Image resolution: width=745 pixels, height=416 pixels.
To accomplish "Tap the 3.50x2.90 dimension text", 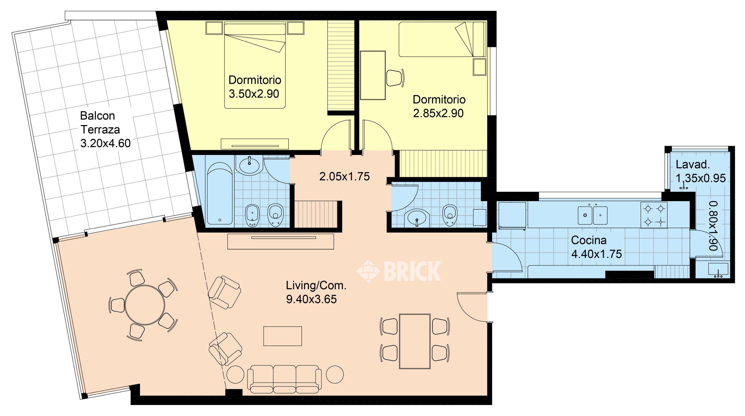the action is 254,94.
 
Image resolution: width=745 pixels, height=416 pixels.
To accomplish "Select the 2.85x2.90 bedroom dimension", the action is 438,113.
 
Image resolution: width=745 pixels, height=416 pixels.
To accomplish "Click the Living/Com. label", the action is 316,286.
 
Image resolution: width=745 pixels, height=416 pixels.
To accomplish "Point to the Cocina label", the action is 589,240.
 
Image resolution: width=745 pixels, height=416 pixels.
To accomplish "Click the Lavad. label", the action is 693,164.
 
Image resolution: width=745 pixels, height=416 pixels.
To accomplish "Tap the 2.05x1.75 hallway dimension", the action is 344,177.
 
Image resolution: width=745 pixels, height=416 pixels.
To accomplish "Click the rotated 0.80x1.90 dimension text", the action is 713,226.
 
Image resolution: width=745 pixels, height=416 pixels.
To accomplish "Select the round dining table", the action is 145,305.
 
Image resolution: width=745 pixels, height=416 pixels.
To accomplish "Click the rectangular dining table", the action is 415,341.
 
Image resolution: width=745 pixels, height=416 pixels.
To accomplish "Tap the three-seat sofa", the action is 284,379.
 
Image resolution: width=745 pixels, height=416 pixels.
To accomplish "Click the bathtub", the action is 220,193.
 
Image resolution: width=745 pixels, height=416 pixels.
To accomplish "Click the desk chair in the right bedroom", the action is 395,78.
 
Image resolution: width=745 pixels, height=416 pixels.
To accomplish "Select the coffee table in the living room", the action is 283,336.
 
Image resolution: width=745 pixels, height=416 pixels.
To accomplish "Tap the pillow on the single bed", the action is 478,39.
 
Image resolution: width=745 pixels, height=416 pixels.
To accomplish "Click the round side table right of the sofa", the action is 335,374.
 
